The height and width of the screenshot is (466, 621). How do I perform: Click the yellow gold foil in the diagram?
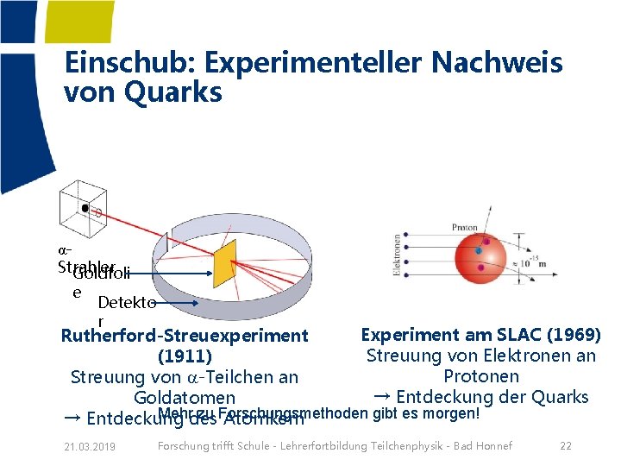(224, 263)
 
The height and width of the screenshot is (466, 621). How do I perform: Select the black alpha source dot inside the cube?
(85, 208)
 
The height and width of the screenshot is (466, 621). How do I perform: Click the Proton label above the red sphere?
(464, 228)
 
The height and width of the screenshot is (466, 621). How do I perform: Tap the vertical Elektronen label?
(398, 257)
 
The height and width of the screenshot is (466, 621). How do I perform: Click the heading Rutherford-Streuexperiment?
(185, 336)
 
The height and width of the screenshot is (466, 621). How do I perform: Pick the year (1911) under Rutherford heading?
(185, 356)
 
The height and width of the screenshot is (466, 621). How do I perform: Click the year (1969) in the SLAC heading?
(571, 335)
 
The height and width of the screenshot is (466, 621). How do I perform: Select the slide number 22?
(566, 445)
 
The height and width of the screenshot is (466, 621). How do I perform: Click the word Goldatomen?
(185, 398)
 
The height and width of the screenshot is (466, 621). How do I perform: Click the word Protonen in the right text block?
(481, 376)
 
